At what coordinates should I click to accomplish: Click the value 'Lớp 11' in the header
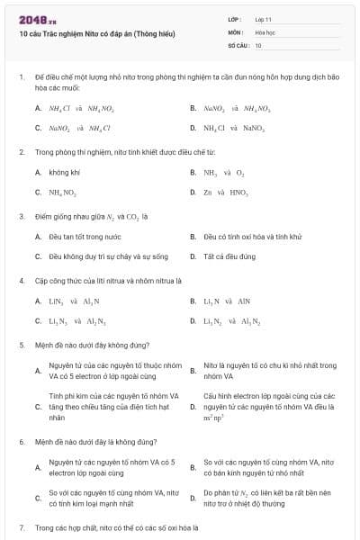[265, 18]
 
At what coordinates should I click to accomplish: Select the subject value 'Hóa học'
[265, 31]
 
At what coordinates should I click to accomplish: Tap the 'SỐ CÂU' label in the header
[238, 44]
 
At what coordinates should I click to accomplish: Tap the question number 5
[21, 344]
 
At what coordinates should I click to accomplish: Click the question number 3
[21, 216]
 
